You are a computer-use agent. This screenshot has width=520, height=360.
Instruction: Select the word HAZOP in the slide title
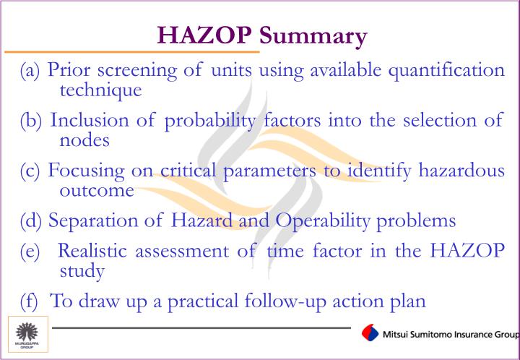[205, 35]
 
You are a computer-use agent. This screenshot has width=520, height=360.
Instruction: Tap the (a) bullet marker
[30, 71]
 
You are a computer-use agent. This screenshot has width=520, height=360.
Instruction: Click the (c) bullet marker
[30, 171]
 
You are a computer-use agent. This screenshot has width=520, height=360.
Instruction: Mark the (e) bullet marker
[30, 251]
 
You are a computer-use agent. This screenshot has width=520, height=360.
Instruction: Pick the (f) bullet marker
[29, 301]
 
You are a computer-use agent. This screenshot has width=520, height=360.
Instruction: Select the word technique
[100, 90]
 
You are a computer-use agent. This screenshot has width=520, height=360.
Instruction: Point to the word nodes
[84, 140]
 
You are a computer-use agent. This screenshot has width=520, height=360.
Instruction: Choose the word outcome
[96, 190]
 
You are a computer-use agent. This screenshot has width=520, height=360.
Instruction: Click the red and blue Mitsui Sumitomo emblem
[370, 333]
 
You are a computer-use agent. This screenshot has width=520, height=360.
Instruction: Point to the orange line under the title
[130, 52]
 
